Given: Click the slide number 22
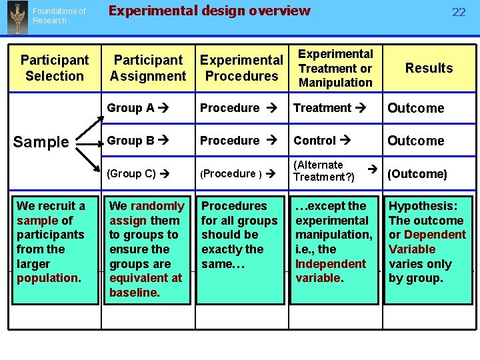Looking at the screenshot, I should click(x=459, y=12).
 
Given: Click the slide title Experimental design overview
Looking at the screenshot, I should click(x=209, y=11).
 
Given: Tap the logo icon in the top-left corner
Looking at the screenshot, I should click(x=15, y=17).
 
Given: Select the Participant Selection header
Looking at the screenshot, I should click(x=55, y=68).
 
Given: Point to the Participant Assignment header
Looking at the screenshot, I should click(x=148, y=68).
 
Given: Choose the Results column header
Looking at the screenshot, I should click(x=429, y=68).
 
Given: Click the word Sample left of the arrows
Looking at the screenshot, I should click(x=41, y=142).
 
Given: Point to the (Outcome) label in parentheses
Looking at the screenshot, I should click(x=417, y=174).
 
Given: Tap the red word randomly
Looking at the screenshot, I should click(x=157, y=206).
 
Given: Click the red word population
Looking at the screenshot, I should click(x=42, y=277).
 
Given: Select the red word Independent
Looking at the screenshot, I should click(x=331, y=263).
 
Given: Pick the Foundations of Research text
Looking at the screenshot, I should click(x=59, y=16).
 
